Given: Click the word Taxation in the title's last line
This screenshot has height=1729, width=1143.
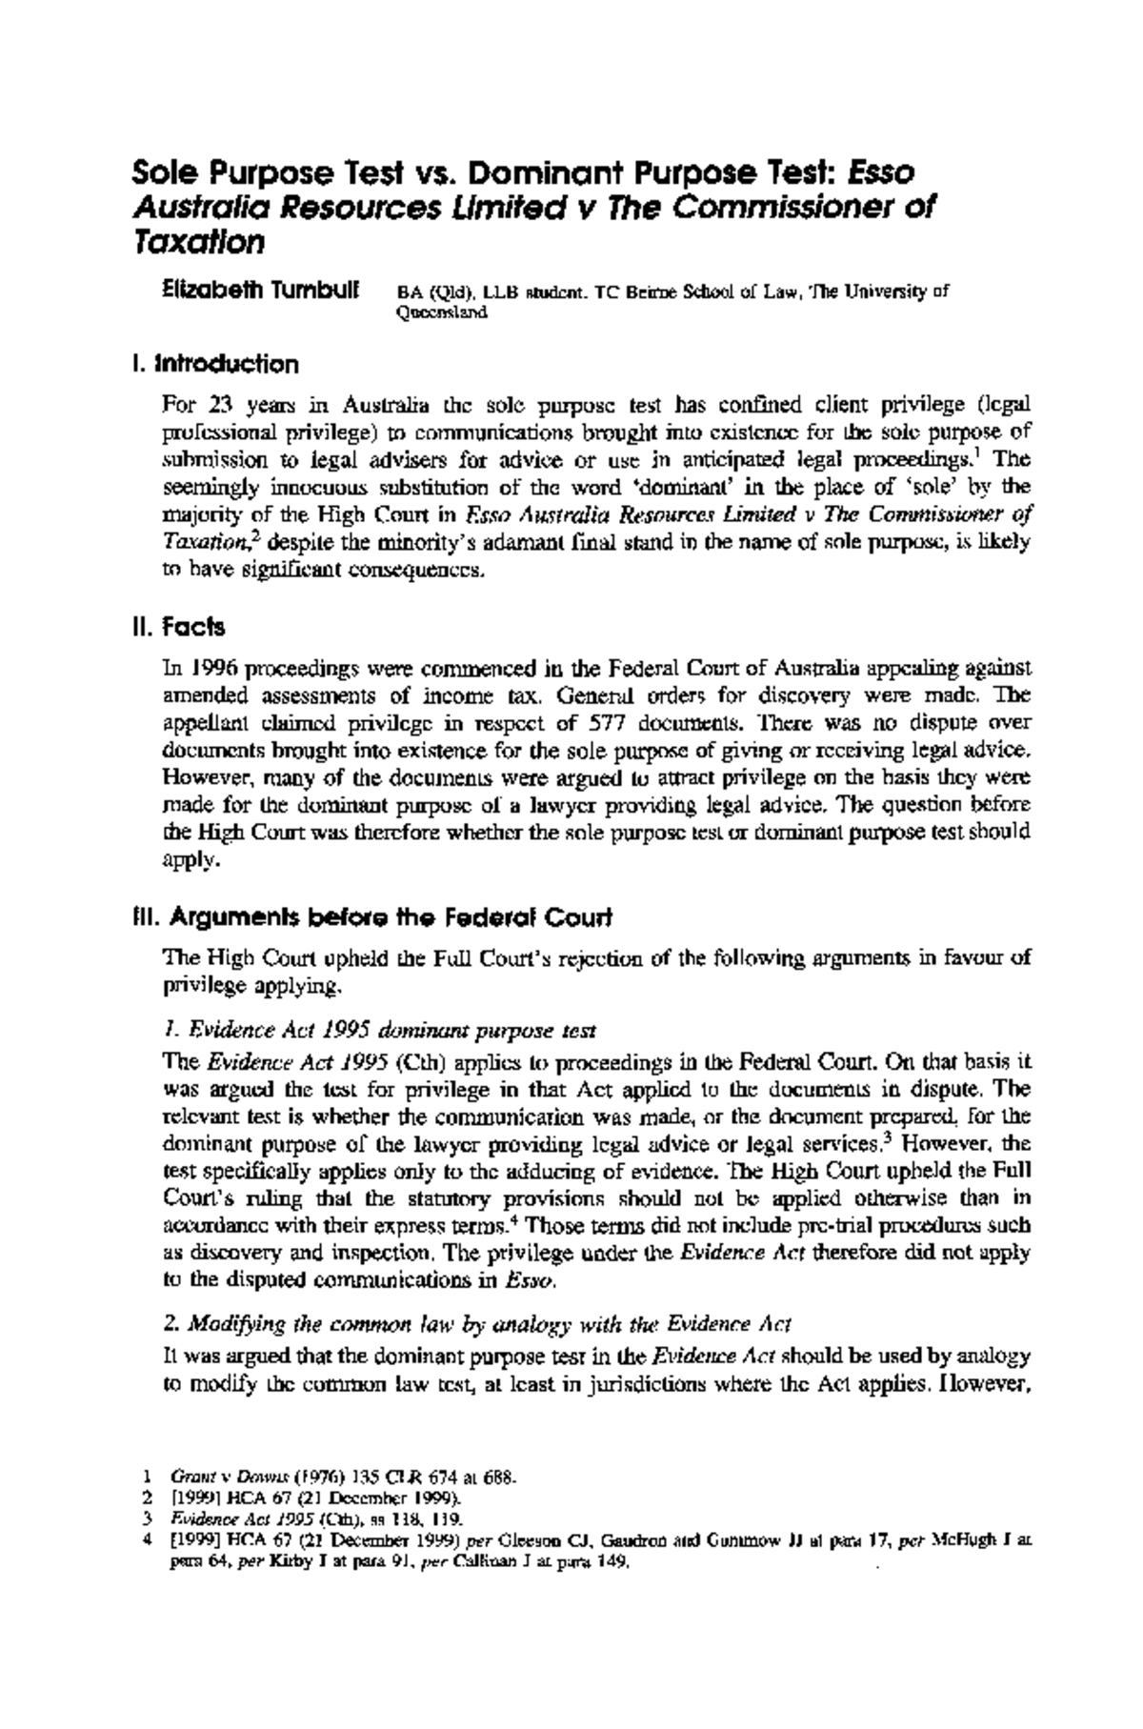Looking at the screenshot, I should [x=197, y=243].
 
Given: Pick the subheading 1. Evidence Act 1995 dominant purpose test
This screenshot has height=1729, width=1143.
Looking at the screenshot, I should [x=380, y=1030].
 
